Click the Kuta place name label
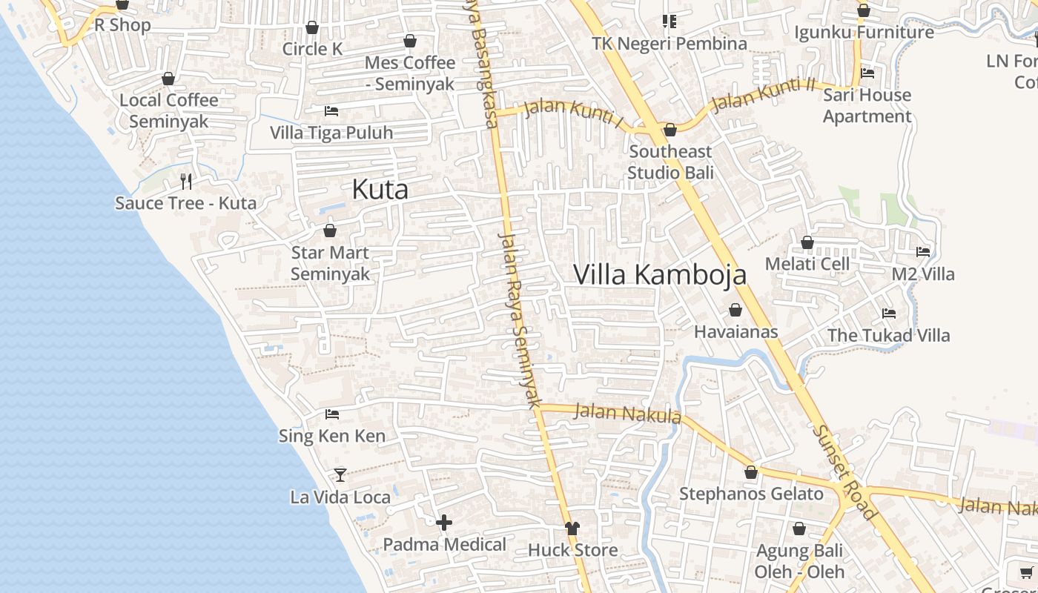click(380, 190)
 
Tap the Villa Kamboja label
click(660, 275)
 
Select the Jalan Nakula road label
click(627, 413)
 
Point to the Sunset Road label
click(844, 471)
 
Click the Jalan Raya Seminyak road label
click(518, 320)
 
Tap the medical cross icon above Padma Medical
click(444, 523)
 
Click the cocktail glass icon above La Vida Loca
click(340, 474)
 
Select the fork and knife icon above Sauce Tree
click(186, 180)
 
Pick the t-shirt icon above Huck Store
click(572, 529)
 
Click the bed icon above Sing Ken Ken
click(332, 414)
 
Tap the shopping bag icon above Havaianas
click(735, 310)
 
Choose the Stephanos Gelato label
click(751, 494)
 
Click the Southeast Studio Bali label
click(670, 162)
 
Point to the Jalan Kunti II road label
click(763, 95)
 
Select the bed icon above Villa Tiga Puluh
click(331, 111)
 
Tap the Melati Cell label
click(807, 264)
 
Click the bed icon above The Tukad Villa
click(889, 314)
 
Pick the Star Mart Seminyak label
click(330, 263)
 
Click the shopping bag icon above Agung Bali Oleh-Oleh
click(799, 529)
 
